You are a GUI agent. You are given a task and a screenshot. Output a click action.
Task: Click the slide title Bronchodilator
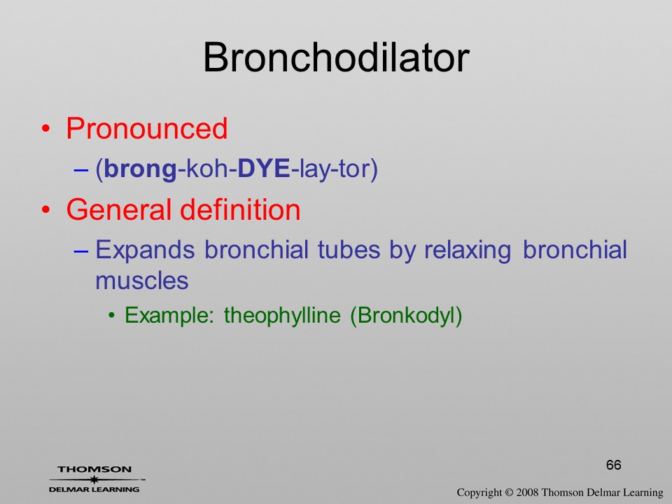click(x=336, y=57)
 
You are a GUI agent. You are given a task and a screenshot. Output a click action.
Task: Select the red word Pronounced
click(x=146, y=128)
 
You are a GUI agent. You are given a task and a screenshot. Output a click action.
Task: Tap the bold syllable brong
click(x=140, y=169)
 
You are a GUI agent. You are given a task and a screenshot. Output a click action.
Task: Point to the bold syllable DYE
click(x=264, y=168)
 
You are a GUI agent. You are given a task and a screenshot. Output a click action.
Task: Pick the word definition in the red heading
click(x=240, y=209)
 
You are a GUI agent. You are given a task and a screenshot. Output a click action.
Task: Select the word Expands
click(x=145, y=251)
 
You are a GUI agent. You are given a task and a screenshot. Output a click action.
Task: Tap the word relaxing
click(x=468, y=251)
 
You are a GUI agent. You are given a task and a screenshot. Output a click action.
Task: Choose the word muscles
click(x=142, y=281)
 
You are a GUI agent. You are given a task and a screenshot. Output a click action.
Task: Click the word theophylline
click(x=282, y=316)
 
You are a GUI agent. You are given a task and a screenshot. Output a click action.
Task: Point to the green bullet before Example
click(x=111, y=316)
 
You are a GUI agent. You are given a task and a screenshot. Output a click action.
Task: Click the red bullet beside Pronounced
click(x=46, y=129)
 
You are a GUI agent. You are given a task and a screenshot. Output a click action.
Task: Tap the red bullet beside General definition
click(x=46, y=209)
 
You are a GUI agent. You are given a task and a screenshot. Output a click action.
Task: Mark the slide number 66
click(x=614, y=465)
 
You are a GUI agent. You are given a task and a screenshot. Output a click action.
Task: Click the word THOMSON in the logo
click(x=94, y=469)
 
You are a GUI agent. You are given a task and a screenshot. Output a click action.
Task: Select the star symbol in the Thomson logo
click(x=94, y=479)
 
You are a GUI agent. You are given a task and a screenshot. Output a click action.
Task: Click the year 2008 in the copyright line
click(x=528, y=492)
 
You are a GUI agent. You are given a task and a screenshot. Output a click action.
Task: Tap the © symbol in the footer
click(x=509, y=493)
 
